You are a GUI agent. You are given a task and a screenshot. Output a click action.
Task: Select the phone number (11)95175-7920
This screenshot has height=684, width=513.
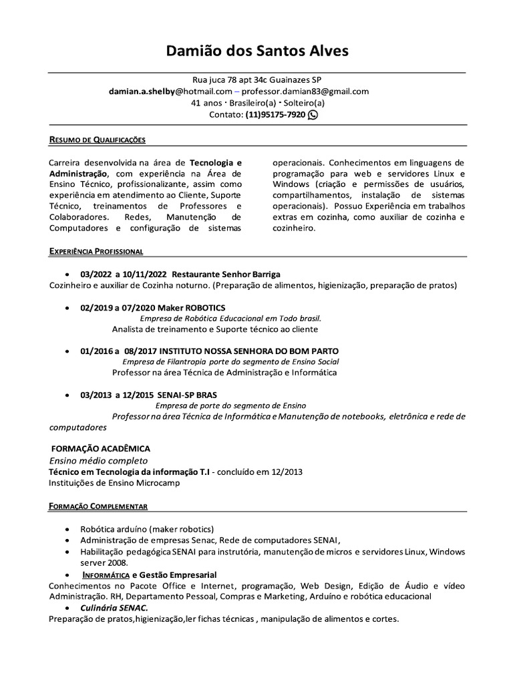click(x=275, y=115)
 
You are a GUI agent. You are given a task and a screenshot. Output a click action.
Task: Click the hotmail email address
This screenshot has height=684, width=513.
click(x=170, y=91)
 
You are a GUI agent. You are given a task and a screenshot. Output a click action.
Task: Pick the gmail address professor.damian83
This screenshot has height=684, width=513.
click(x=305, y=91)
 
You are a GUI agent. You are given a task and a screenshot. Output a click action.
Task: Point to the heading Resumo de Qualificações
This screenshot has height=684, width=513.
click(x=97, y=140)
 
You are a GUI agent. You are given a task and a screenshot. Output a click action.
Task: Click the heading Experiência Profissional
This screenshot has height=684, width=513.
click(x=96, y=250)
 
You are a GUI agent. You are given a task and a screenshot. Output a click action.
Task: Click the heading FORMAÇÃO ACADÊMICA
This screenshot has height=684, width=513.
click(x=101, y=448)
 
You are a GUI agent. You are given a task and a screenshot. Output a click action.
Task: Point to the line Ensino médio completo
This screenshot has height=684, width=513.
click(x=98, y=460)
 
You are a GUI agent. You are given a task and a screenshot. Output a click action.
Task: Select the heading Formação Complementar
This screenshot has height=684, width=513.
click(x=98, y=506)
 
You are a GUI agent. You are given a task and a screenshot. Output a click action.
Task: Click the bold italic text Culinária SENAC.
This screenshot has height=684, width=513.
click(x=114, y=607)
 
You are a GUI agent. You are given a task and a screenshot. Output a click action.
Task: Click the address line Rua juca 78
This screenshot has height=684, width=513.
click(x=256, y=79)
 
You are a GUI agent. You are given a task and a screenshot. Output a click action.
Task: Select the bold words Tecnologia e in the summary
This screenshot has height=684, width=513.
click(x=216, y=162)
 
